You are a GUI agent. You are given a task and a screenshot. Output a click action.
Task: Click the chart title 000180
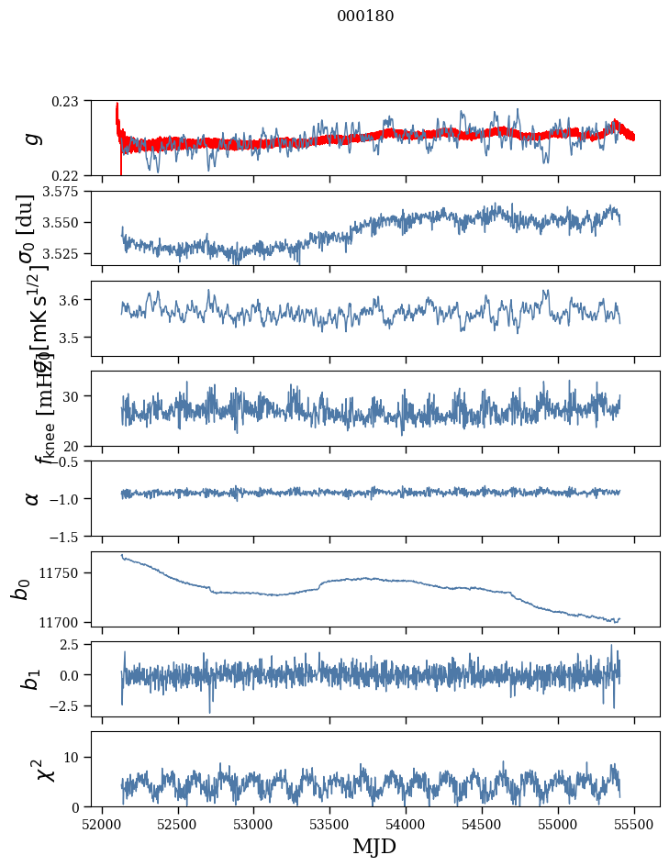[365, 17]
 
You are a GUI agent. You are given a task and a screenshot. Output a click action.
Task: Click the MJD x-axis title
[374, 847]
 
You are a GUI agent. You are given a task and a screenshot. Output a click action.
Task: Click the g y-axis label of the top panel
[33, 138]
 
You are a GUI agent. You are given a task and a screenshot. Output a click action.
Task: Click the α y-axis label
[33, 498]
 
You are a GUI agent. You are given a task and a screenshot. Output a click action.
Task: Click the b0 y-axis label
[21, 588]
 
